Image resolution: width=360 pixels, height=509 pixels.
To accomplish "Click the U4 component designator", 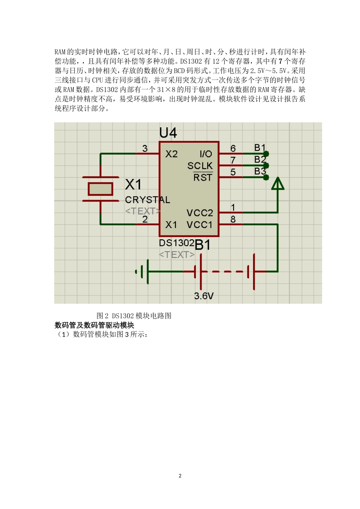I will tap(168, 133).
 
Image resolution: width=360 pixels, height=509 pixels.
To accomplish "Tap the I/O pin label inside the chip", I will tap(206, 154).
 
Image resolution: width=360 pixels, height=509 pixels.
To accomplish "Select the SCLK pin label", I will tap(200, 166).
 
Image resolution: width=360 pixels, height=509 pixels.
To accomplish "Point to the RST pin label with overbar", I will tap(203, 177).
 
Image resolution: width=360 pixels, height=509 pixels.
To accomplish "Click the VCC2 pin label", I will tap(200, 213).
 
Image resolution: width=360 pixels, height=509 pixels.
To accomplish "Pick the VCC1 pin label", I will tap(200, 225).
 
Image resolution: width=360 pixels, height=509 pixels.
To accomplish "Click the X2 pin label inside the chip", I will tap(171, 154).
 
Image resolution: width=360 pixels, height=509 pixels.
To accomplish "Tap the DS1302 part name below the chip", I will tap(177, 243).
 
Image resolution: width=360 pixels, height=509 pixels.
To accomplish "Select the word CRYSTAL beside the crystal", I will tap(147, 200).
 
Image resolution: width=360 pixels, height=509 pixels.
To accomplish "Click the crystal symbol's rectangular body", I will tap(100, 189).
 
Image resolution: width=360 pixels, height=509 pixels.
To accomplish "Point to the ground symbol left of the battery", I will tap(142, 272).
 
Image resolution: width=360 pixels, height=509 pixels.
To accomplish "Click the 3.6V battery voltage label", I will tap(204, 296).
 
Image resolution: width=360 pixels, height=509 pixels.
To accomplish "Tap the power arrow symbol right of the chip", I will tap(278, 184).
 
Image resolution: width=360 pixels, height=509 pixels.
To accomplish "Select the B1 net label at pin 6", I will tap(260, 147).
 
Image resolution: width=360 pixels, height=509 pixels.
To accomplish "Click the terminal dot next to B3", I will tap(266, 177).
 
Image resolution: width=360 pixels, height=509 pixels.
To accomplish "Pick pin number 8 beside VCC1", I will tap(233, 219).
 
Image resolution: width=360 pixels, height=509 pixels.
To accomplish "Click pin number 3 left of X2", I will tap(145, 148).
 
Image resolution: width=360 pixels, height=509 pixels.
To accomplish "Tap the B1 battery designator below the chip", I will tap(202, 245).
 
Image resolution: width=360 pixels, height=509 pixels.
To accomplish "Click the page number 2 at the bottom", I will tap(180, 476).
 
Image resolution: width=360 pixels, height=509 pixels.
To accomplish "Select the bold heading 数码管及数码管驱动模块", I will tap(94, 325).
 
